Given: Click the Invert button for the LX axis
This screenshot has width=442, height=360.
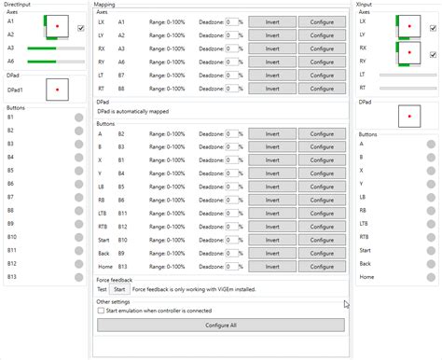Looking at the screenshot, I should (x=272, y=21).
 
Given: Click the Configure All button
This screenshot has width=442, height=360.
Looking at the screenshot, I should (x=220, y=325).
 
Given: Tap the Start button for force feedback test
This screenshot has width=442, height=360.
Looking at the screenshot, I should (x=120, y=289).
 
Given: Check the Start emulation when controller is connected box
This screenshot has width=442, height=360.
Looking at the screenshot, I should (x=102, y=311).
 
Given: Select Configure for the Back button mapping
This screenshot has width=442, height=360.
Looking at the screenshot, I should (x=323, y=253).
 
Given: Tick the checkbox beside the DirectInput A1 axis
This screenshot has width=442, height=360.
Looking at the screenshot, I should (x=81, y=29).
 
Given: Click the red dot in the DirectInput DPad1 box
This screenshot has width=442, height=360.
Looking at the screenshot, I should (x=58, y=90).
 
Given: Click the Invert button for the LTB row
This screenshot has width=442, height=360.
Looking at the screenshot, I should (x=272, y=214).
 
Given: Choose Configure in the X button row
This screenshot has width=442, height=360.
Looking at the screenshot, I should (x=323, y=160).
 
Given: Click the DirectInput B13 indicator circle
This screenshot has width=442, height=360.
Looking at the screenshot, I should (x=79, y=277).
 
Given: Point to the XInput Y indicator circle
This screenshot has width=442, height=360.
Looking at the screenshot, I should (x=430, y=185).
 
